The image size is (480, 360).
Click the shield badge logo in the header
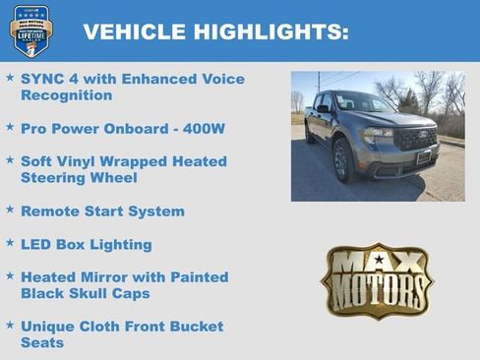point(30,30)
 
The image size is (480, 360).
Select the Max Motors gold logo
point(377,280)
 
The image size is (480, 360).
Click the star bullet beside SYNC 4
point(10,77)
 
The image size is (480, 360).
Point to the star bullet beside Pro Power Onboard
point(10,127)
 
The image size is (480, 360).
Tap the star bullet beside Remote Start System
point(10,210)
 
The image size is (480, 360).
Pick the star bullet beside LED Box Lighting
point(10,242)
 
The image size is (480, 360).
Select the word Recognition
point(66,95)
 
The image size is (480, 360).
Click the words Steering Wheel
point(79,178)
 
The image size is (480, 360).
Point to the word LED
point(36,244)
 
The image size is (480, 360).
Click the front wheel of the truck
point(342,161)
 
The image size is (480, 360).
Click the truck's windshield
point(361,103)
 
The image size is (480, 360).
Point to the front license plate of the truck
point(423,157)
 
